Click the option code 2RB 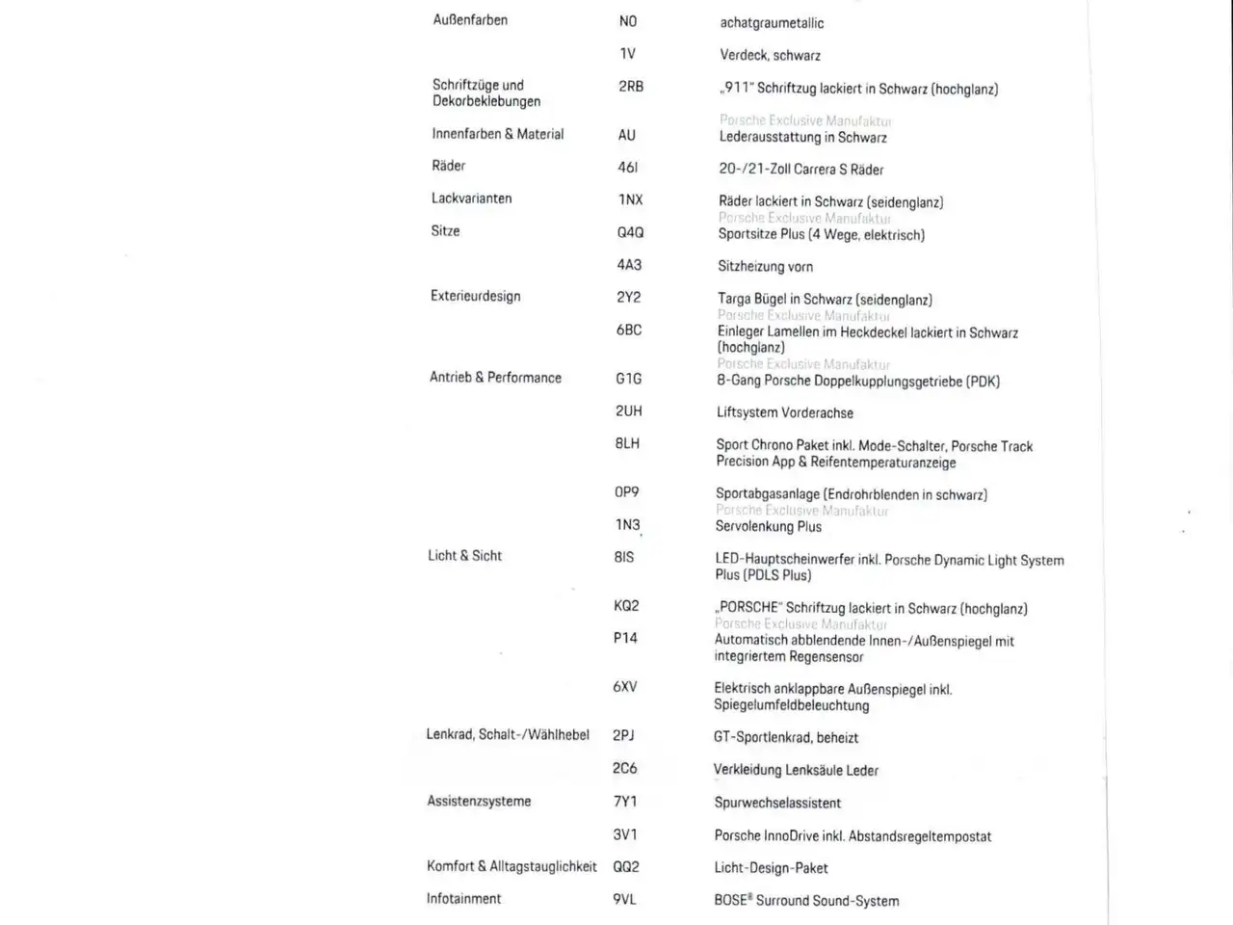tap(631, 87)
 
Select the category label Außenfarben tap(470, 20)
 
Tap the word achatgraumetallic tap(772, 23)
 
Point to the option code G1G tap(628, 379)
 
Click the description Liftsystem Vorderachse tap(784, 413)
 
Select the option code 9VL tap(624, 899)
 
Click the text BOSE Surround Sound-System tap(806, 901)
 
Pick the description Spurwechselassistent tap(777, 804)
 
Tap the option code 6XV tap(624, 687)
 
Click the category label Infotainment tap(463, 899)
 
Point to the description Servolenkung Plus tap(768, 527)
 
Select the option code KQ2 tap(626, 606)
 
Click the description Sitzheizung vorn tap(765, 267)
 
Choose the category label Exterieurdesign tap(475, 297)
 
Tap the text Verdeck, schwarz tap(770, 56)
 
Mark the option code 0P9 tap(626, 492)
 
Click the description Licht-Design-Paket tap(771, 868)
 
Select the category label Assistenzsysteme tap(479, 802)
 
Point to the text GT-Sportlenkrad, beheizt tap(785, 738)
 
